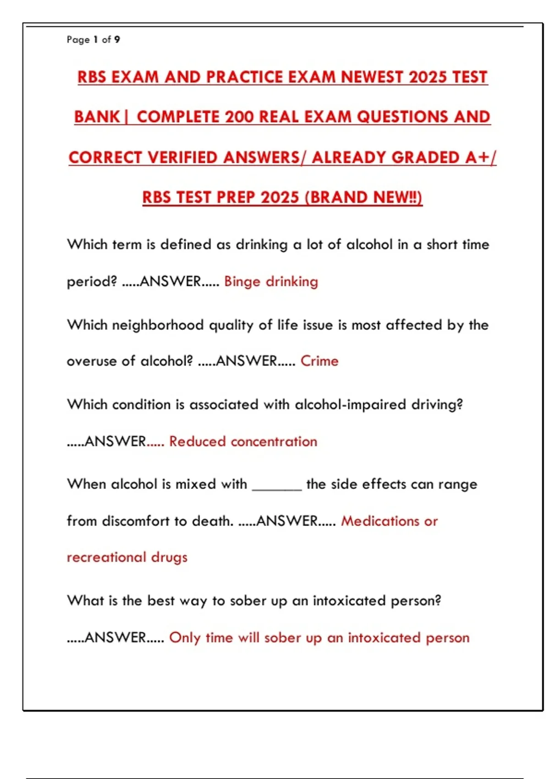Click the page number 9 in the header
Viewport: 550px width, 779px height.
(117, 40)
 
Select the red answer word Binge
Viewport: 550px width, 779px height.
(242, 281)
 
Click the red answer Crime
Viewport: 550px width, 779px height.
(319, 361)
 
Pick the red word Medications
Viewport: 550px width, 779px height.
(380, 521)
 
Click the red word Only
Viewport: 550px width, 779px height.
(185, 637)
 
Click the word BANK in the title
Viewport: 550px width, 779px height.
(97, 117)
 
